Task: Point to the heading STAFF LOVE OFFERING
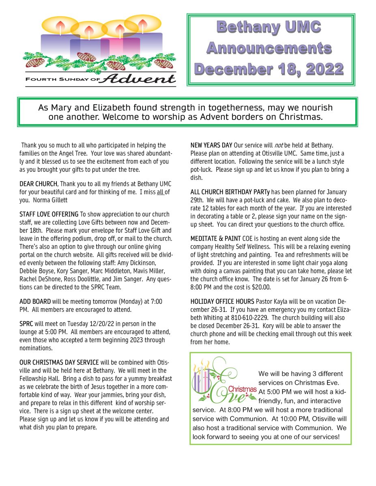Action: pyautogui.click(x=49, y=214)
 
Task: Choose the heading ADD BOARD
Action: pyautogui.click(x=35, y=301)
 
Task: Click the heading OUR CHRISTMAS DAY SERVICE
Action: pyautogui.click(x=59, y=362)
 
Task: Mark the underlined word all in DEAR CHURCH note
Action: pyautogui.click(x=159, y=192)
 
